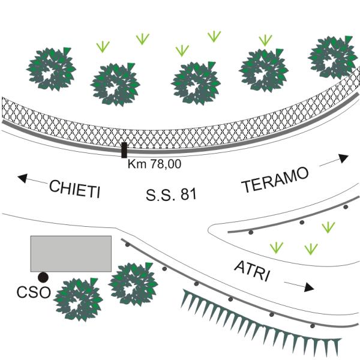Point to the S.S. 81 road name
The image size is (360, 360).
171,195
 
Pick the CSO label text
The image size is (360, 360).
34,294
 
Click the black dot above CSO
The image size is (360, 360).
43,277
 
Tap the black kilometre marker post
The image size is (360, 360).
124,150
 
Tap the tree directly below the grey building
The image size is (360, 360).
77,298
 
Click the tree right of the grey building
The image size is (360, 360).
133,282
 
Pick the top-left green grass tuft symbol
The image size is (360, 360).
103,46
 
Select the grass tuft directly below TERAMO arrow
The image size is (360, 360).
328,227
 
